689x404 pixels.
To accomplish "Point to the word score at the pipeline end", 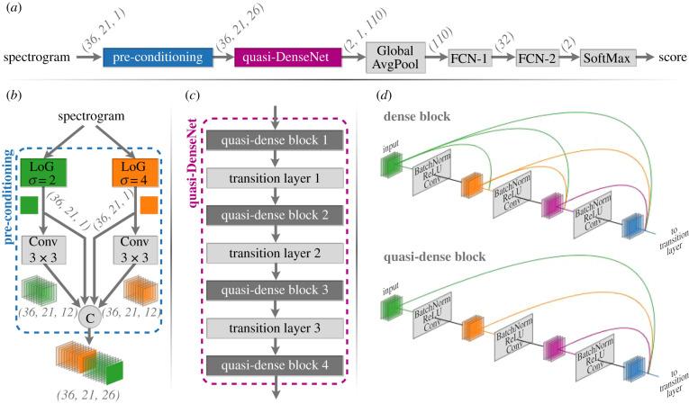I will [x=665, y=58].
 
